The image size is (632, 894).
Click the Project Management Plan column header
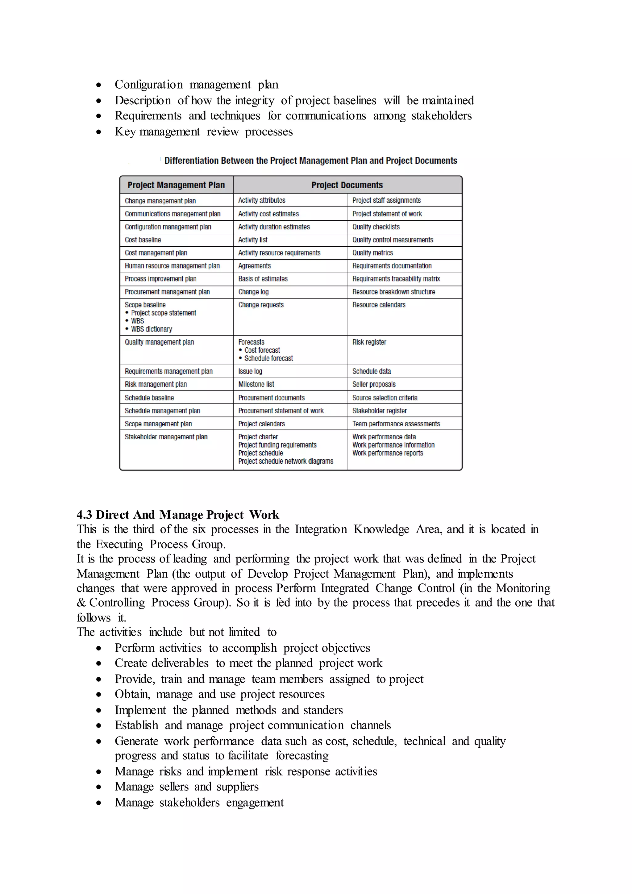(x=176, y=185)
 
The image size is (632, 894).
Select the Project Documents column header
(x=347, y=185)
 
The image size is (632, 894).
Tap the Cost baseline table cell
(x=143, y=240)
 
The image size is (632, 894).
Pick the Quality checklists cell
(x=376, y=227)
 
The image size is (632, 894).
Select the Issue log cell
(x=250, y=371)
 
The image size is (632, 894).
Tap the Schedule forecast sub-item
(x=268, y=358)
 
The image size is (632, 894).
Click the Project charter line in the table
(x=258, y=437)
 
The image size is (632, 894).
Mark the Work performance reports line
(x=387, y=453)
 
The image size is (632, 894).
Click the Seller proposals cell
(x=374, y=384)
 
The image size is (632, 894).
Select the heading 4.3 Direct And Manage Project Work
(x=177, y=514)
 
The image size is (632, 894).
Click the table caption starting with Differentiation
(x=310, y=161)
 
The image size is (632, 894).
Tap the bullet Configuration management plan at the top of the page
(x=196, y=85)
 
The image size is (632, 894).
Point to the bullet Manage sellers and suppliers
(x=186, y=787)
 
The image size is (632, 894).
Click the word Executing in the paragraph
(x=119, y=544)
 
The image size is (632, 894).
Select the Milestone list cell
(x=256, y=384)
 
